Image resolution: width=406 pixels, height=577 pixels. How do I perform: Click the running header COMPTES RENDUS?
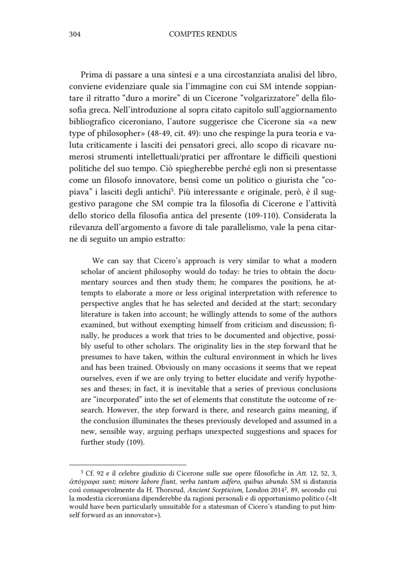click(202, 35)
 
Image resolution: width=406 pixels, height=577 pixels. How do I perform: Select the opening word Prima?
click(91, 74)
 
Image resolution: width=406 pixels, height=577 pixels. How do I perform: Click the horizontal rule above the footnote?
click(128, 464)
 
